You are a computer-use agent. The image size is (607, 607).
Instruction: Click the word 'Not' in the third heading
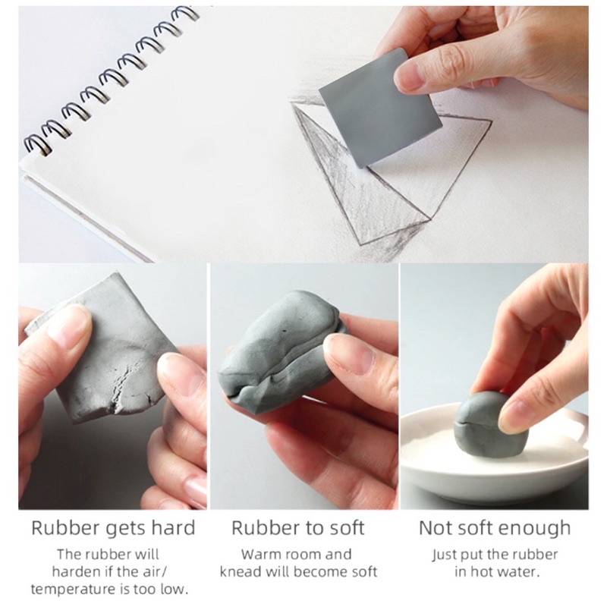(x=434, y=528)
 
